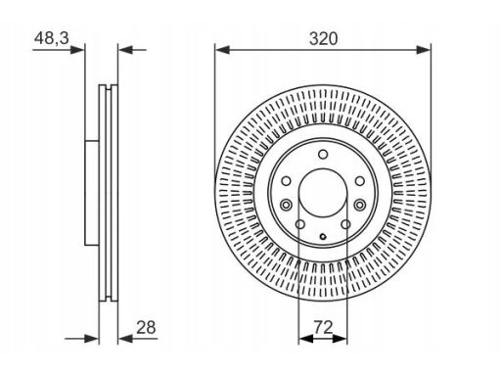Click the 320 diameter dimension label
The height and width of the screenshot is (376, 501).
coord(323,39)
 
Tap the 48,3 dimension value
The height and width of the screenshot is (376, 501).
coord(52,38)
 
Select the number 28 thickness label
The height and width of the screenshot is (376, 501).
coord(146,327)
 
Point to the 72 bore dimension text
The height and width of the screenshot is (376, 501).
coord(323,327)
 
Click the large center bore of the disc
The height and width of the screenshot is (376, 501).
coord(323,193)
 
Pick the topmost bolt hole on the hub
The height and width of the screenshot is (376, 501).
coord(323,154)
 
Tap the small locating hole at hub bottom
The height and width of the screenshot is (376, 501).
coord(323,237)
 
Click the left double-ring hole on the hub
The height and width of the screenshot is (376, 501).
coord(286,205)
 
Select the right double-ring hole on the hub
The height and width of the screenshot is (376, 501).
coord(360,205)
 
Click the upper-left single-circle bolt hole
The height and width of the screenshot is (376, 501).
coord(286,181)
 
